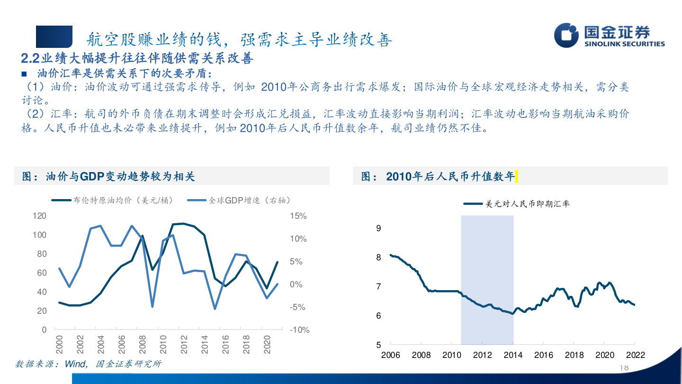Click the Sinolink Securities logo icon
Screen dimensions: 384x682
[x=567, y=36]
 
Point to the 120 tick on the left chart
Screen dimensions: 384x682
[x=40, y=216]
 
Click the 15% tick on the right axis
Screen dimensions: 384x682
[x=298, y=216]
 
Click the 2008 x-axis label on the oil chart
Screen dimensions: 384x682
[x=142, y=345]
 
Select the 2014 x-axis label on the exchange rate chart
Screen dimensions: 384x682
[x=513, y=355]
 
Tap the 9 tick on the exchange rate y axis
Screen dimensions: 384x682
[x=378, y=228]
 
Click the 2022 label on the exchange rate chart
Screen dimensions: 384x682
[x=635, y=355]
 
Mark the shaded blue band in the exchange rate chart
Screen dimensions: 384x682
[x=487, y=280]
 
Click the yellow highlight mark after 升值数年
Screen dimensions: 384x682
[x=516, y=177]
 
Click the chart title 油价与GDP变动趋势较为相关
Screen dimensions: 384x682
[x=109, y=177]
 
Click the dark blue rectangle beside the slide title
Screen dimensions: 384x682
[x=54, y=37]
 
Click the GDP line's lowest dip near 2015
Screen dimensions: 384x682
[x=215, y=309]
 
